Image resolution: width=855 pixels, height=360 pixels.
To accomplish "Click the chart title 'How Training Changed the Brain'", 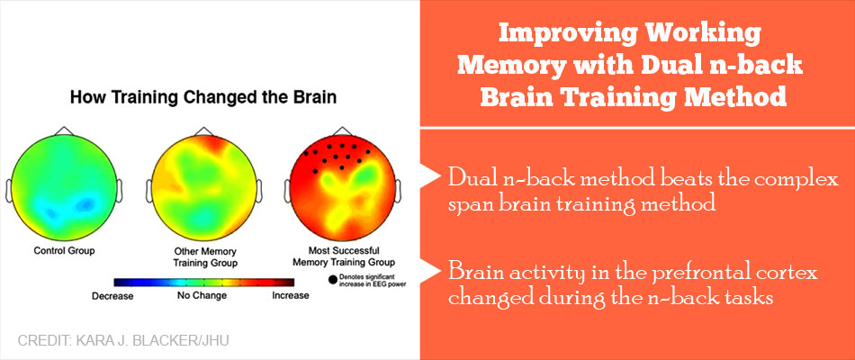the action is click(202, 99).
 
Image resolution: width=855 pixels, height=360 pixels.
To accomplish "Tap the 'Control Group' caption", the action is click(64, 251).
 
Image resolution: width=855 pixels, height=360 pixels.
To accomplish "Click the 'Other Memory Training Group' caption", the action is click(204, 256).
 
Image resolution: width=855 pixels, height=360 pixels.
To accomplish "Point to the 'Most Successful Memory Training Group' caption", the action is click(344, 256).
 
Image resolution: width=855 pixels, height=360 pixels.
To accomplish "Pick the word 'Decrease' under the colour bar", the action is click(112, 295).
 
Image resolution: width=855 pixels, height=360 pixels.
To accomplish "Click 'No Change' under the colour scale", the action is click(201, 295).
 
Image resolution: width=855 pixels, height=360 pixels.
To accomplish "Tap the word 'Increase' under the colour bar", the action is click(290, 295).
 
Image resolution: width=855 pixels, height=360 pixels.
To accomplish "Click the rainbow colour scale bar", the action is click(204, 282).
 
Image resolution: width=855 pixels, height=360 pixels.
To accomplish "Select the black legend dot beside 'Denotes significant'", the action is click(332, 281).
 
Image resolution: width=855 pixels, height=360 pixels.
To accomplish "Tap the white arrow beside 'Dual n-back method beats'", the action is click(430, 176).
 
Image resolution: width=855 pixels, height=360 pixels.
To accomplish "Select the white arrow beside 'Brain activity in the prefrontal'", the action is click(430, 268).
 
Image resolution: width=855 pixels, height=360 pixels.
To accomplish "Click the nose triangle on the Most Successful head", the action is click(342, 130).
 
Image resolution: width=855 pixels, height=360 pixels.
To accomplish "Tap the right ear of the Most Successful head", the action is click(398, 191).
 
